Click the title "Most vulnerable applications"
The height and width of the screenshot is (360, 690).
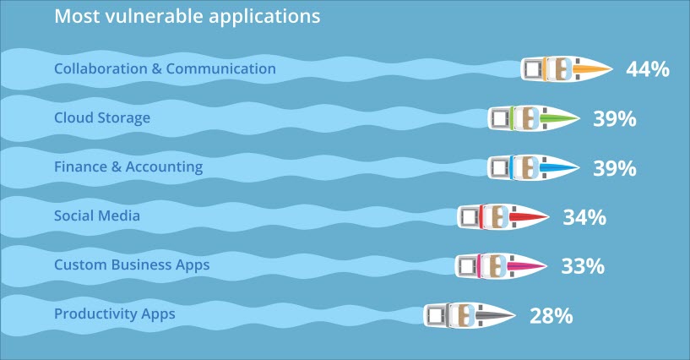187,17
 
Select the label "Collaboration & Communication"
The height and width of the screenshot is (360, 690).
165,68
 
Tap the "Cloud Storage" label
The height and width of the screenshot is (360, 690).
102,118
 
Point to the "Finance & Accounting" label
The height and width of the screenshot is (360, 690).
128,166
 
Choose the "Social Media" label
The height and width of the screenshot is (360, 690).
97,215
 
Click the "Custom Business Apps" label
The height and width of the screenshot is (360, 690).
132,265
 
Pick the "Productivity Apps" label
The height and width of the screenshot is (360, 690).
114,314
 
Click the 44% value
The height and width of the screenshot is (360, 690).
648,69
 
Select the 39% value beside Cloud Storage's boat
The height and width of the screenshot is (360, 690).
615,119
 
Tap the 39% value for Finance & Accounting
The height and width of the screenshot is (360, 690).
615,168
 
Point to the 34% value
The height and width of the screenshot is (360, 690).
584,217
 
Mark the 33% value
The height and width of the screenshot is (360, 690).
583,266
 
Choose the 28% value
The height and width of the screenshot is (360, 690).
551,315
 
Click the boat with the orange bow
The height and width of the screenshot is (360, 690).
567,68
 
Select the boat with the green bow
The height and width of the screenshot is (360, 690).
534,118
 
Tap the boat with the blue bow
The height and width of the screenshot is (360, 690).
534,167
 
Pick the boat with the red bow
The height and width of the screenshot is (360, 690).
503,216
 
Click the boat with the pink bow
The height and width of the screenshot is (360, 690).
501,266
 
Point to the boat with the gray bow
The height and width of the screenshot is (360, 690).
470,315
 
